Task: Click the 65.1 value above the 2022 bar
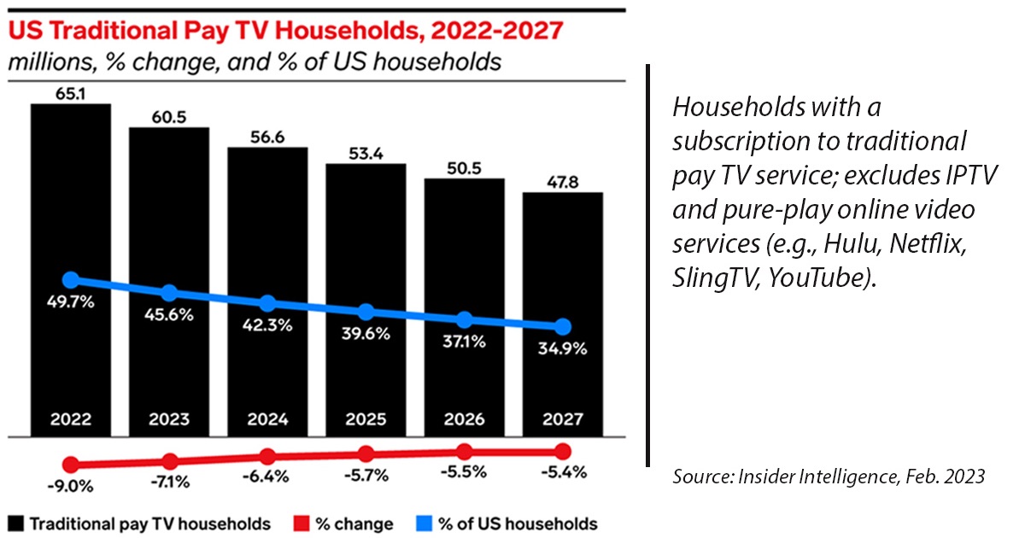tap(71, 91)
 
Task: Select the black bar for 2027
tap(563, 256)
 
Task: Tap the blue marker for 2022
tap(71, 280)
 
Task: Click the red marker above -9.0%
tap(71, 465)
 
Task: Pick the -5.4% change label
tap(563, 473)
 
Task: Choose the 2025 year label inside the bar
tap(366, 419)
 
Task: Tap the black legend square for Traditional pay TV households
tap(17, 523)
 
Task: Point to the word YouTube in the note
tap(819, 278)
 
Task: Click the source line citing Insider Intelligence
tap(829, 477)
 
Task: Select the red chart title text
tap(287, 31)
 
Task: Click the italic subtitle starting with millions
tap(255, 62)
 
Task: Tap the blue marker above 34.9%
tap(563, 327)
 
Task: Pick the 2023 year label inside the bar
tap(169, 419)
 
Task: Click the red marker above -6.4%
tap(268, 457)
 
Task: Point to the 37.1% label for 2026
tap(465, 342)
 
